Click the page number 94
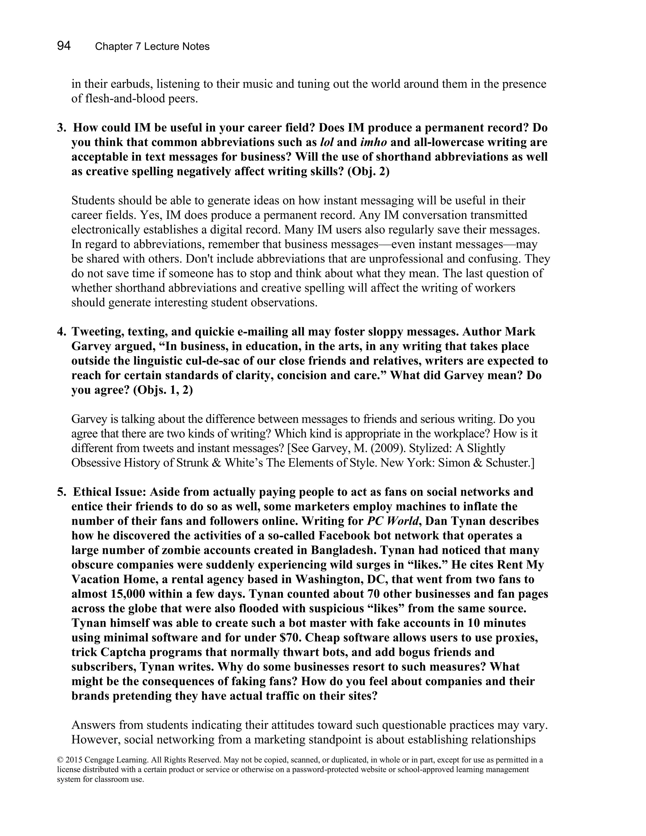64,46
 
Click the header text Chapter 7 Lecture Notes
152,47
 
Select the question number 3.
61,128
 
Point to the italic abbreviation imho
373,142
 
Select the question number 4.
61,332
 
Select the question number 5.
61,492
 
